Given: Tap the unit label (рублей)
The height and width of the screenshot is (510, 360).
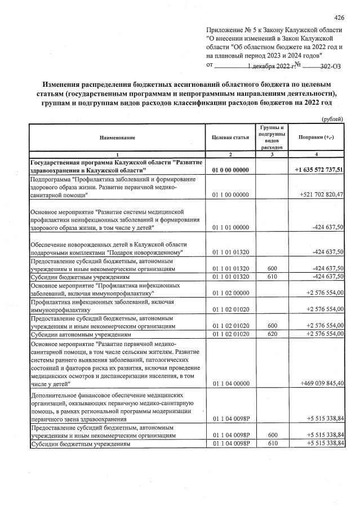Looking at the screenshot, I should click(x=332, y=119).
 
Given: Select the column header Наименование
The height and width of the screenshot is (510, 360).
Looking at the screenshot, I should click(x=117, y=138).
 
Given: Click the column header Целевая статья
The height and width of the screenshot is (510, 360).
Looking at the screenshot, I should click(x=230, y=138).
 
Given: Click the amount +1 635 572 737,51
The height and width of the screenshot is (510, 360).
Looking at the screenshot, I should click(x=319, y=169).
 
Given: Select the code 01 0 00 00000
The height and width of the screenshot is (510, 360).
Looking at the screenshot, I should click(x=230, y=169).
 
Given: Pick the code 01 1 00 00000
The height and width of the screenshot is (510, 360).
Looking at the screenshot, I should click(x=230, y=194).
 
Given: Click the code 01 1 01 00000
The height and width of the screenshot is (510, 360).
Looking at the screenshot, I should click(x=230, y=228).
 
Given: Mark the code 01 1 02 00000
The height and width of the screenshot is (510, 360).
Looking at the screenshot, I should click(x=230, y=293).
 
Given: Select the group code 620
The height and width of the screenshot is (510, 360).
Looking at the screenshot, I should click(x=273, y=334).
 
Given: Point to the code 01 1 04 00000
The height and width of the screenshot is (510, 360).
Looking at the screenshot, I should click(x=230, y=384).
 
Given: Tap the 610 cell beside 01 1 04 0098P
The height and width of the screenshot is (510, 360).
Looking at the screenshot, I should click(x=273, y=444).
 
